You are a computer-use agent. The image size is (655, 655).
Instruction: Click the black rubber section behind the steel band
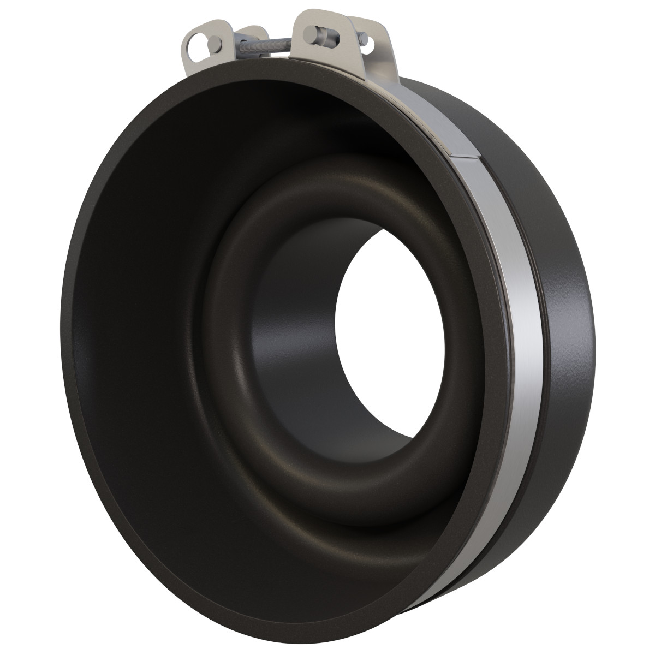tap(568, 327)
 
